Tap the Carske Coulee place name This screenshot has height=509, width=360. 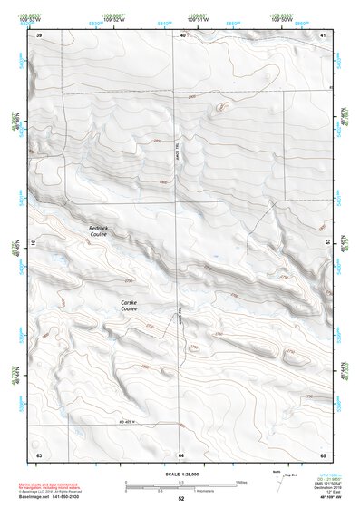129,306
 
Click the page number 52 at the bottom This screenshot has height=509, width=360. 180,499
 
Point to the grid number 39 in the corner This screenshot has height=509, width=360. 38,35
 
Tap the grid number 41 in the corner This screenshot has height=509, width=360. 324,35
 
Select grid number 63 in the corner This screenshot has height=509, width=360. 38,453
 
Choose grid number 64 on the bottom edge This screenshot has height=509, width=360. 181,453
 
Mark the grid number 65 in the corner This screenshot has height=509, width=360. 324,453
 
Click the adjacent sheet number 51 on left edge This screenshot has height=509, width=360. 34,243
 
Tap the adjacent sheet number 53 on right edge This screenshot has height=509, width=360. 327,243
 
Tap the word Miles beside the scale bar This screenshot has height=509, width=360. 241,482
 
